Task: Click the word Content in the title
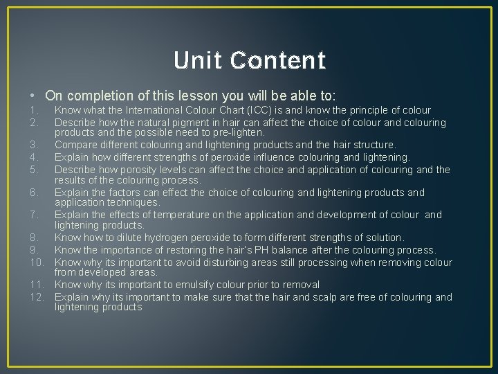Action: (x=278, y=61)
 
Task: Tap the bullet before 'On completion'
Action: (x=33, y=96)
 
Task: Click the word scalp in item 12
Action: (x=338, y=297)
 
